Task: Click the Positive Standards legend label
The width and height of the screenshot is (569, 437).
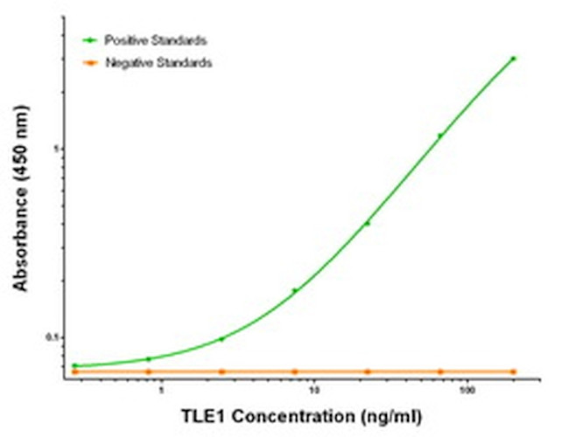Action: coord(156,40)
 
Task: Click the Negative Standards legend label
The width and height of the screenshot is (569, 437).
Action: coord(158,63)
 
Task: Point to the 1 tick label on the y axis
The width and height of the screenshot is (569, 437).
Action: coord(54,149)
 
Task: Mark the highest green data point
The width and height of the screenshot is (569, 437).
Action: coord(514,59)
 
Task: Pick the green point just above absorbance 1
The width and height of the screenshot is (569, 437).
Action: coord(440,135)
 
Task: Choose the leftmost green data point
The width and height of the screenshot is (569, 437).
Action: coord(75,365)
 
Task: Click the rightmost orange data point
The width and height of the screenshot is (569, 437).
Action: coord(514,371)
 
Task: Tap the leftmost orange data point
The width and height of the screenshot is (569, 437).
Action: coord(75,371)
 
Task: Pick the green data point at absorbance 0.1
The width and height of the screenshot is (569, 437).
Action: coord(221,338)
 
